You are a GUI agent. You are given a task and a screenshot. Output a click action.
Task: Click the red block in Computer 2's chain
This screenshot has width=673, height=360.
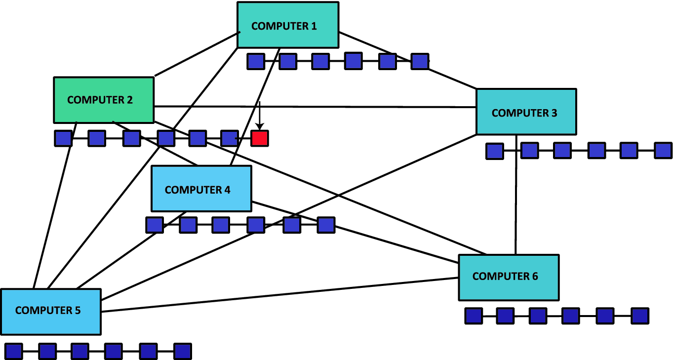coord(259,138)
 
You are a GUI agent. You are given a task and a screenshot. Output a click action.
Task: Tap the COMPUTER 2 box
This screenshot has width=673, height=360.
coord(103,100)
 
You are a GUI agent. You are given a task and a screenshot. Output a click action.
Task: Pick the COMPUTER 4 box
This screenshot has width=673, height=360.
coord(201,189)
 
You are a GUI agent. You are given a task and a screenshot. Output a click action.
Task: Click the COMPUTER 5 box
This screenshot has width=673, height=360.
coord(50,312)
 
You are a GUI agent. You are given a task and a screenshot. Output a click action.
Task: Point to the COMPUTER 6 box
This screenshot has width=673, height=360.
coord(509,277)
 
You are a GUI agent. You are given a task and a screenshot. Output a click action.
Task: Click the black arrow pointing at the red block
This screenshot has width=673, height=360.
coord(260,116)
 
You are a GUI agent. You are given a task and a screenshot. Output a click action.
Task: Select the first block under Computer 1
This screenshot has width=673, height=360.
coord(256,62)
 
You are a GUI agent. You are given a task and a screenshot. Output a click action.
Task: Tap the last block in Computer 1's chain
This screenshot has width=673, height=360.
coord(420,61)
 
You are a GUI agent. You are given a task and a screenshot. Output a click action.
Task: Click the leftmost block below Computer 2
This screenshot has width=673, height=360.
coord(63,138)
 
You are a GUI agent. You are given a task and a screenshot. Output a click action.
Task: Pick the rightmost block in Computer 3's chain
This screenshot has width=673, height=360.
coord(663,151)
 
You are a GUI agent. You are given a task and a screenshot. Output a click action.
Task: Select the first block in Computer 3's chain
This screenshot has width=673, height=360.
coord(494,151)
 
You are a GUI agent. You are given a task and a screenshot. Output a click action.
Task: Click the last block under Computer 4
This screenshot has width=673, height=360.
coord(326,225)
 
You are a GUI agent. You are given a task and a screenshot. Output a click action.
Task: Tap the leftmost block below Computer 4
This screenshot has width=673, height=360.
coord(155,225)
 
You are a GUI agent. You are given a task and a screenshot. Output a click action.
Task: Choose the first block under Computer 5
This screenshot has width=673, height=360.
coord(14,351)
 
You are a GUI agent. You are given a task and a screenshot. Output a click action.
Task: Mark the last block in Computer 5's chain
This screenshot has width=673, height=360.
coord(182,351)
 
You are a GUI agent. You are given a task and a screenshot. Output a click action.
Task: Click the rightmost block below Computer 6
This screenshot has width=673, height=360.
coord(640,316)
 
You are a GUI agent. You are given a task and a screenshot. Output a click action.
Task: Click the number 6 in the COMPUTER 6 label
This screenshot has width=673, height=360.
coord(535,277)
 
